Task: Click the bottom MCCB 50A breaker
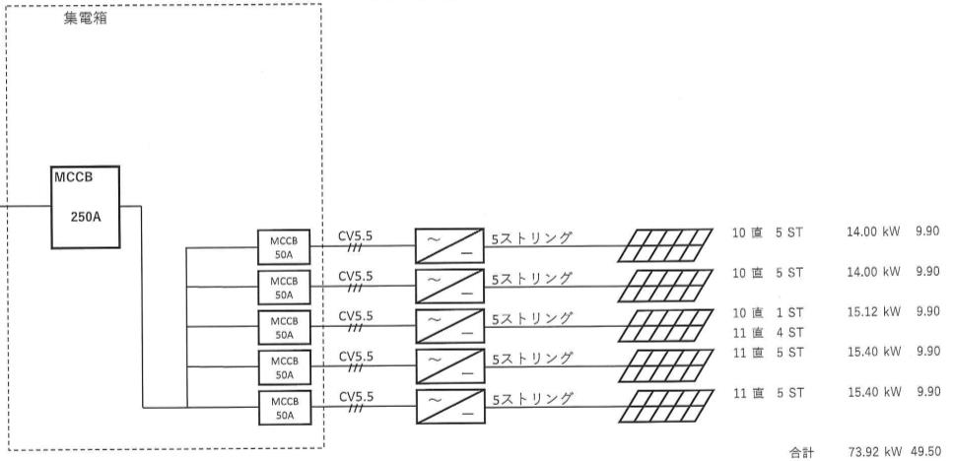tap(284, 407)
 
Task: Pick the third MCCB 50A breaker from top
tap(284, 327)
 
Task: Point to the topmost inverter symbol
tap(450, 245)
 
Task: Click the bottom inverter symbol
tap(450, 406)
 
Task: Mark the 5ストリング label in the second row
tap(532, 280)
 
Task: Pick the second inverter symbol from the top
tap(450, 286)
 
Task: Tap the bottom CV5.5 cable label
tap(356, 397)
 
